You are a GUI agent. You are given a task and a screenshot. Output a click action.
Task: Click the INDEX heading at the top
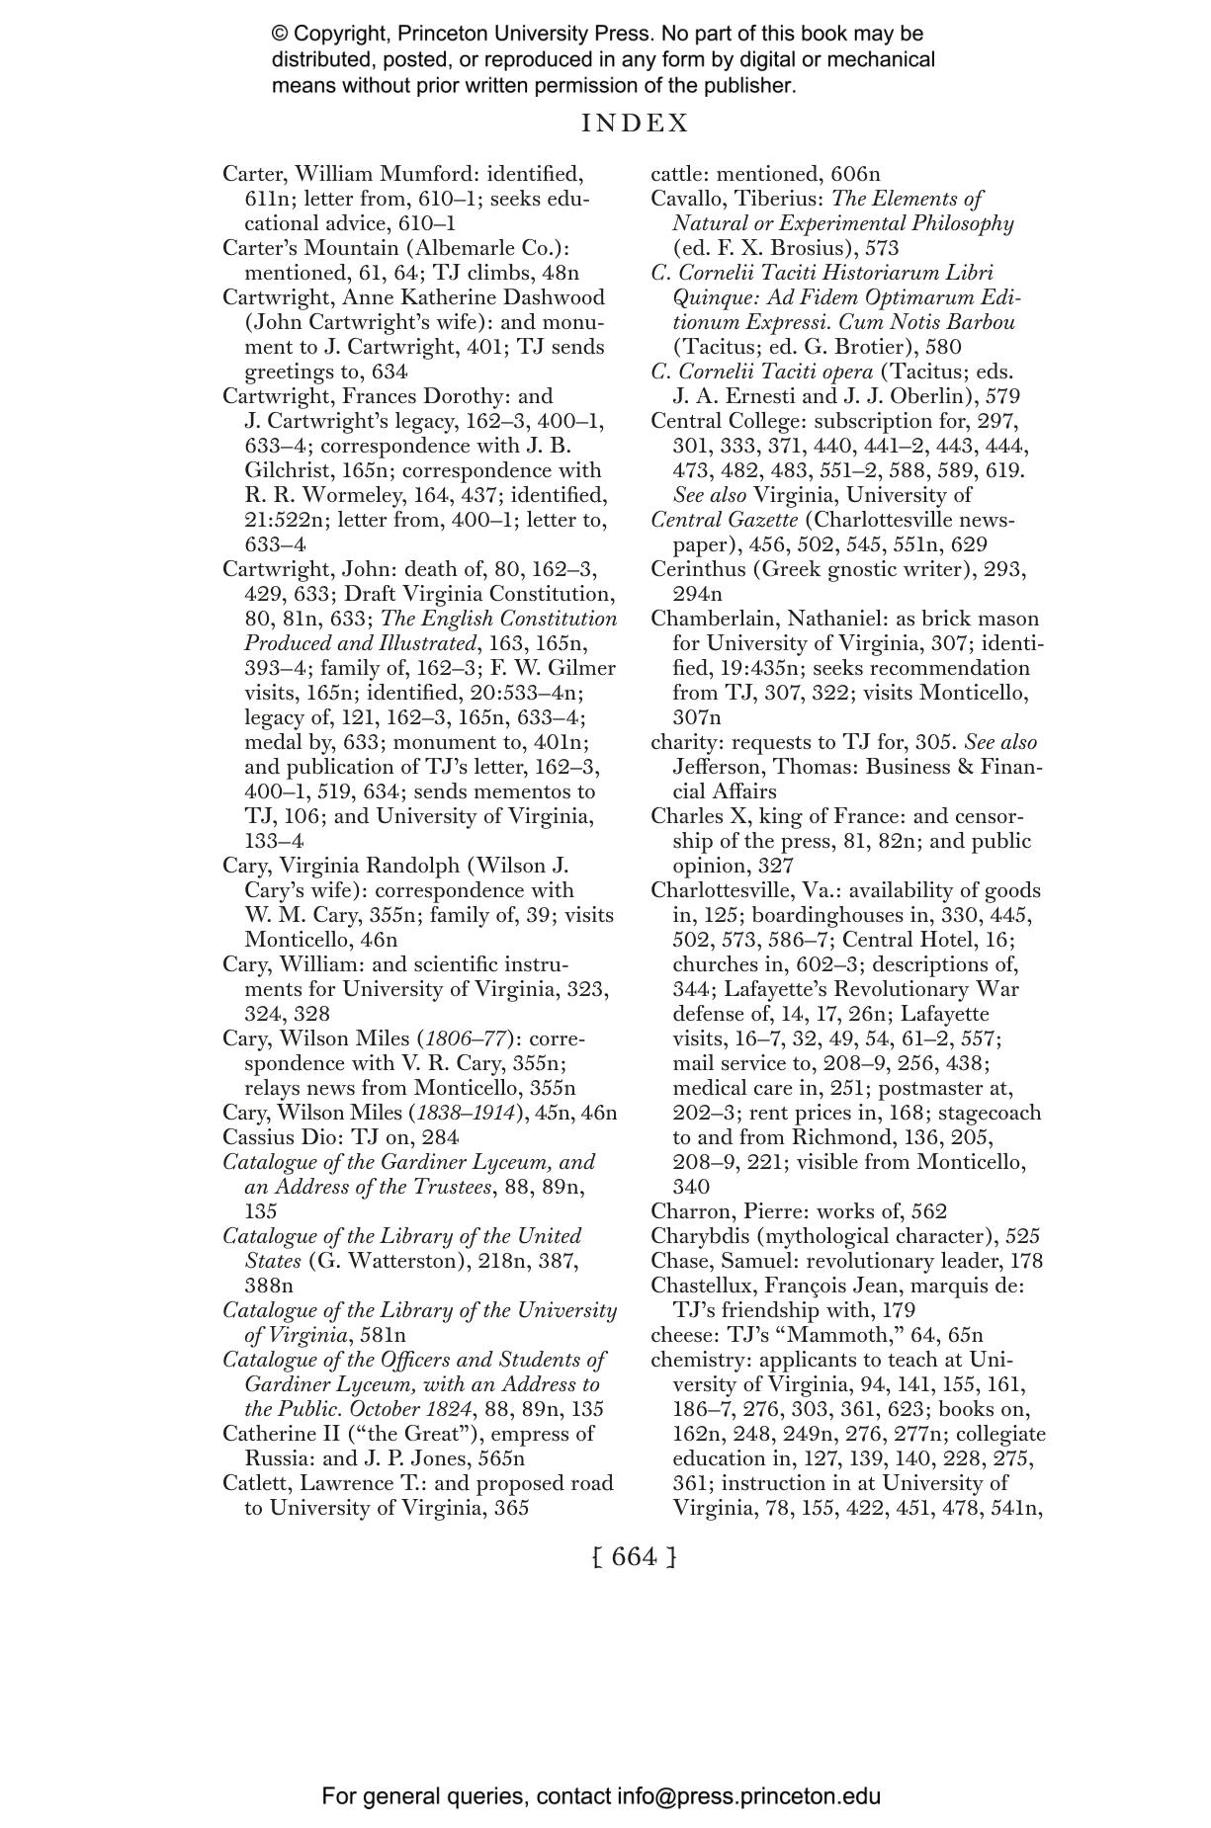635,124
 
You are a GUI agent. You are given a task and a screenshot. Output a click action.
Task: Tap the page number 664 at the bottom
634,1556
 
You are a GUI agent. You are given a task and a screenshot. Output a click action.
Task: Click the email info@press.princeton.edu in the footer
748,1796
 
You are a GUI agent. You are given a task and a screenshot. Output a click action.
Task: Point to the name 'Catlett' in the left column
254,1483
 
